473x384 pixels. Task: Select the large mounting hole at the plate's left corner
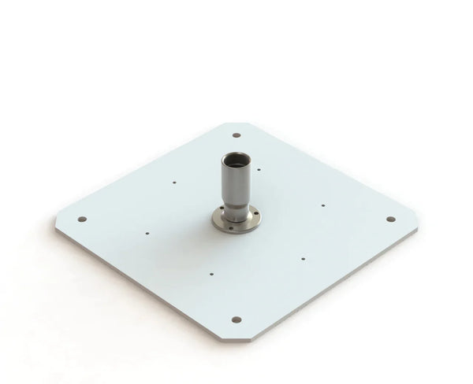pyautogui.click(x=81, y=220)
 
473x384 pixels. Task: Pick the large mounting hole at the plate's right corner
pyautogui.click(x=389, y=219)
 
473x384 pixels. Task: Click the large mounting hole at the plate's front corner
pyautogui.click(x=236, y=319)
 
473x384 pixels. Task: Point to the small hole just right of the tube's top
pyautogui.click(x=259, y=168)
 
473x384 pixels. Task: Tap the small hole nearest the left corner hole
pyautogui.click(x=147, y=233)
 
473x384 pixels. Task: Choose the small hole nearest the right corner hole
pyautogui.click(x=322, y=205)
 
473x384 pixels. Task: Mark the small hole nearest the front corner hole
pyautogui.click(x=211, y=274)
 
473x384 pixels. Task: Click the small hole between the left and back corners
pyautogui.click(x=174, y=183)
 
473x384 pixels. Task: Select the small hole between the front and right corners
pyautogui.click(x=304, y=256)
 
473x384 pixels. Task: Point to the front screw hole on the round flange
pyautogui.click(x=236, y=227)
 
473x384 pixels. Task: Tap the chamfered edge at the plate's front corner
pyautogui.click(x=236, y=338)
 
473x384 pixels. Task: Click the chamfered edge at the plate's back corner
pyautogui.click(x=237, y=124)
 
